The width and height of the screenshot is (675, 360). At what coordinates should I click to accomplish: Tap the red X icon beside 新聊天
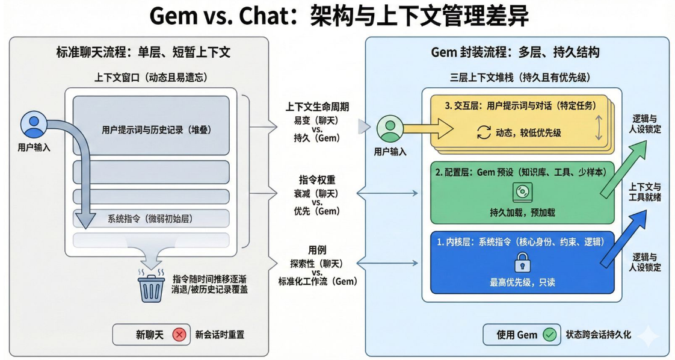coord(179,335)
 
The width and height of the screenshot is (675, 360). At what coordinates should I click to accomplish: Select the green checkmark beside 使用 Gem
coord(549,335)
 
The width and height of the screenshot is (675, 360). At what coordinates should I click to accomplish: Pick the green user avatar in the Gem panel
coord(389,128)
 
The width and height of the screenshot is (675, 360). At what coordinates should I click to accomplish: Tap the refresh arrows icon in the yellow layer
coord(484,132)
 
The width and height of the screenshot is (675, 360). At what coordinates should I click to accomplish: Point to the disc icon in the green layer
coord(520,193)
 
